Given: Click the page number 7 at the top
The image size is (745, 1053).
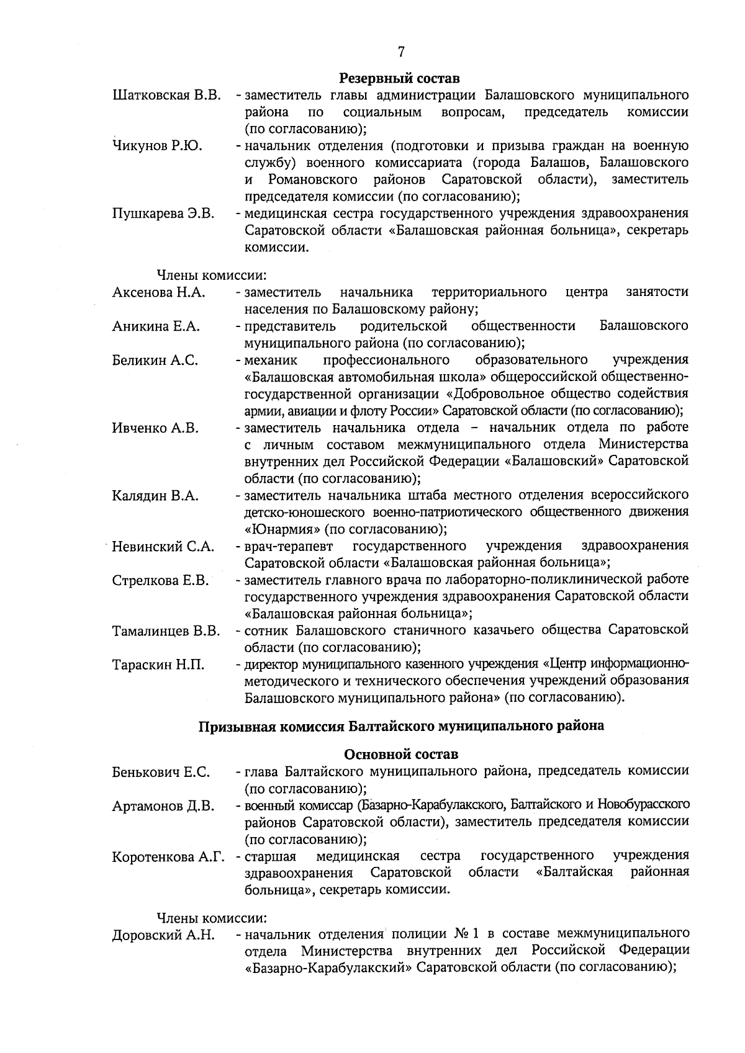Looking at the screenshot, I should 401,52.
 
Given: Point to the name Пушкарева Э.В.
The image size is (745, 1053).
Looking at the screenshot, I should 163,214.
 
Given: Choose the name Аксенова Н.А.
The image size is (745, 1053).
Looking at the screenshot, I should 159,292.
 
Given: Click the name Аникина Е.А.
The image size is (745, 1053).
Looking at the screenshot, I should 156,326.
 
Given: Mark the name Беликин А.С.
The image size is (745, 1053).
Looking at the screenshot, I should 155,361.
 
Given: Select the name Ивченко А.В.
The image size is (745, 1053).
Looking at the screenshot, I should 155,428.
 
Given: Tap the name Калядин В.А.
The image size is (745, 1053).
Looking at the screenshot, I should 155,496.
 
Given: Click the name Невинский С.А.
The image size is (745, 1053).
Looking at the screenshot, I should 163,547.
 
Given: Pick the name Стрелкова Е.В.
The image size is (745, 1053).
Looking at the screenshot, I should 160,581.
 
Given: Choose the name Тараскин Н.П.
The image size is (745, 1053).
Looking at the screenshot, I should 158,665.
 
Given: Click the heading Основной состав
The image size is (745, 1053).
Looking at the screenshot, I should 401,755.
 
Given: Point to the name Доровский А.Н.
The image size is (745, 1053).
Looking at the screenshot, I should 163,935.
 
